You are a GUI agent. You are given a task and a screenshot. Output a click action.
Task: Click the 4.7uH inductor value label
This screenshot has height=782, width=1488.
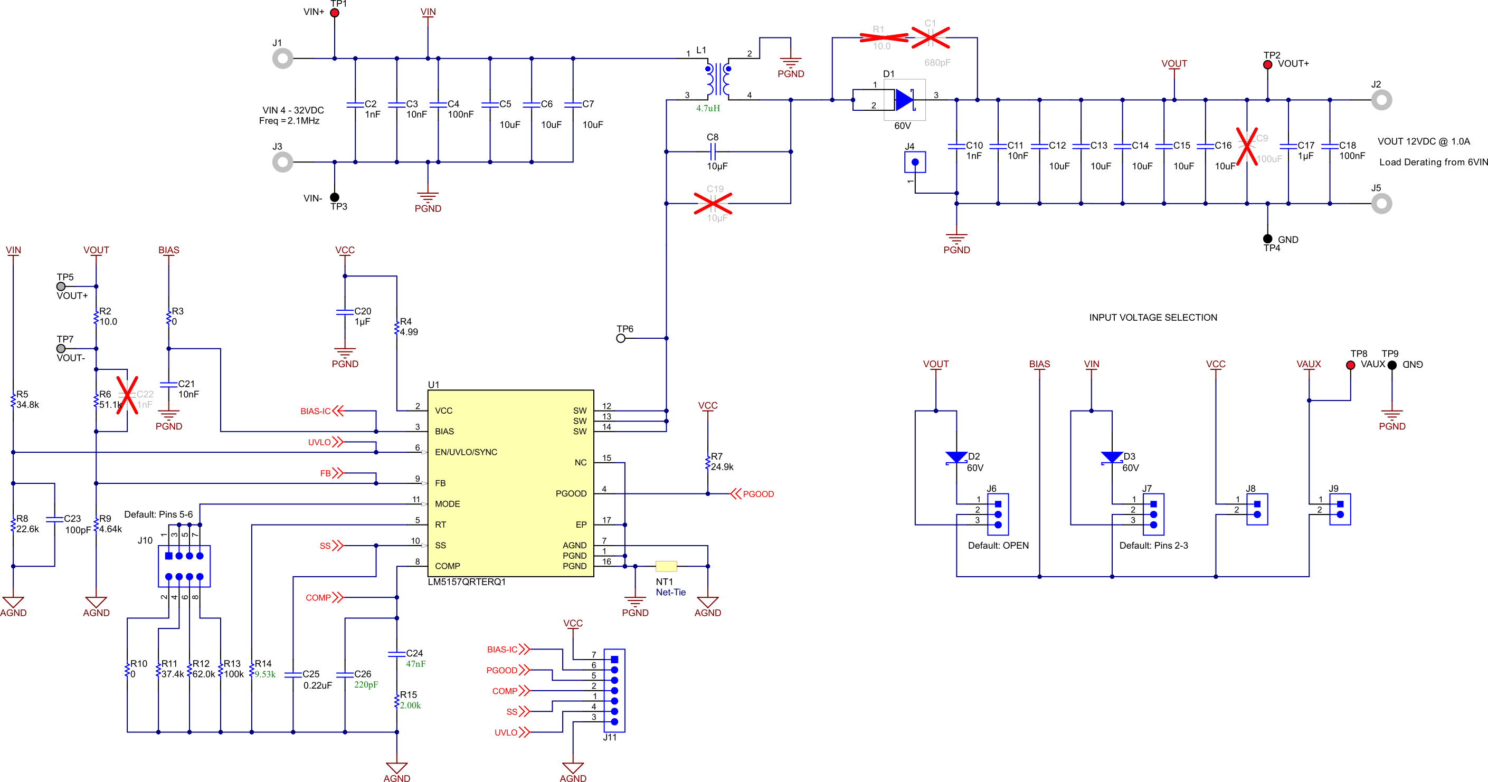(x=708, y=108)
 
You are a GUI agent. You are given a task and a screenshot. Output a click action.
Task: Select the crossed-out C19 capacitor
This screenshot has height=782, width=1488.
(x=713, y=203)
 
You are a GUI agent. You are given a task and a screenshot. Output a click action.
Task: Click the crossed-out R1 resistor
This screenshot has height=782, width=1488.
(x=883, y=37)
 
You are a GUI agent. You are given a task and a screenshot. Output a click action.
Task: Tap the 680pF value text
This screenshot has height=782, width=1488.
(x=937, y=62)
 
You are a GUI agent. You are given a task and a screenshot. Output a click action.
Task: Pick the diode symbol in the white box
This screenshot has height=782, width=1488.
(x=904, y=100)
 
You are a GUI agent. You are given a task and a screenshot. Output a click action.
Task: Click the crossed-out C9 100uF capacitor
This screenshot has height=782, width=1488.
(x=1247, y=146)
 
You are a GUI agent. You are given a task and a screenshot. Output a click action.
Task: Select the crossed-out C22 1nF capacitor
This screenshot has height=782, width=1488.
(x=128, y=395)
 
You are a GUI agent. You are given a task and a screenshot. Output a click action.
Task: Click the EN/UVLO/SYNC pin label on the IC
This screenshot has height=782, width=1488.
(x=466, y=452)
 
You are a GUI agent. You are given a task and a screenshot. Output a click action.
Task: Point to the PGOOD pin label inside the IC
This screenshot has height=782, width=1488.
(x=571, y=493)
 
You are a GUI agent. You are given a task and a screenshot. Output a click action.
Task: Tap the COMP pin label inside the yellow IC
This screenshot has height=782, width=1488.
(x=447, y=566)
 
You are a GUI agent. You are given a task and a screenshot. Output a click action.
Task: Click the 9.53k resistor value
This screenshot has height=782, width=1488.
(x=265, y=674)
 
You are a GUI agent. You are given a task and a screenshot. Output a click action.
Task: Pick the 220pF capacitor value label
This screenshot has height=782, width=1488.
(x=366, y=684)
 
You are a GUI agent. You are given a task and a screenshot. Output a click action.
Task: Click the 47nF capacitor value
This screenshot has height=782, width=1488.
(x=415, y=664)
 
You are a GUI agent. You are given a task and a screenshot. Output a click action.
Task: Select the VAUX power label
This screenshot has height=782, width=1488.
(x=1309, y=364)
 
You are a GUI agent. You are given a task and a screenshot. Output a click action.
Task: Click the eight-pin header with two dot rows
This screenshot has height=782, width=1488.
(x=184, y=566)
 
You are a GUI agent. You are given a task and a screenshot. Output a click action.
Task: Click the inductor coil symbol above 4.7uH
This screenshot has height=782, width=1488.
(x=717, y=79)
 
